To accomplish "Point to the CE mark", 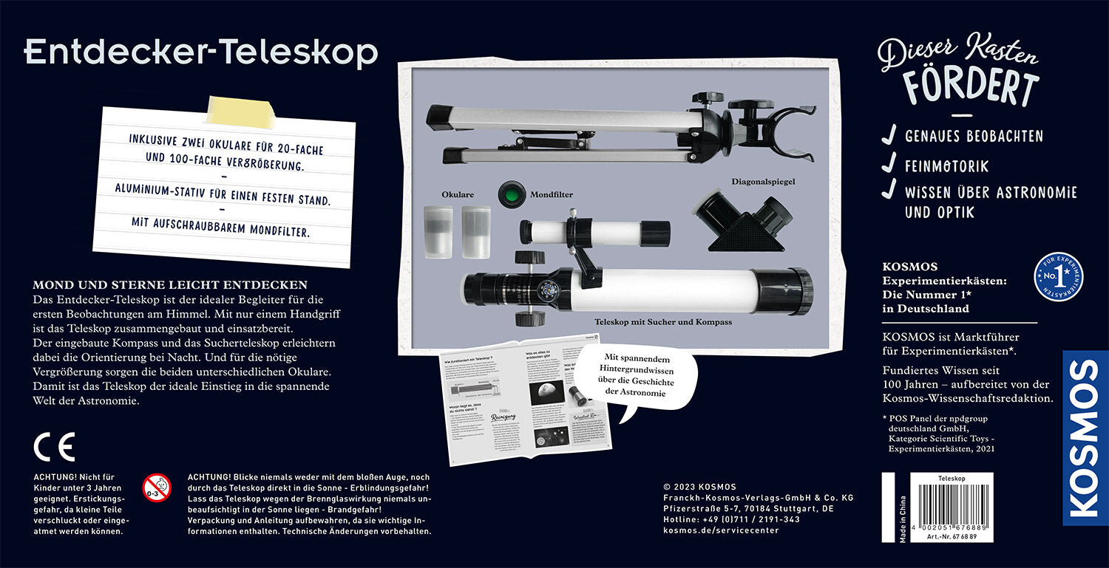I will pyautogui.click(x=54, y=448).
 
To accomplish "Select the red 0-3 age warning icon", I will pyautogui.click(x=156, y=487).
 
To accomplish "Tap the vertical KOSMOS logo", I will pyautogui.click(x=1085, y=437).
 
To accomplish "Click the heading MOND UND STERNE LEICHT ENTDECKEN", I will pyautogui.click(x=170, y=284).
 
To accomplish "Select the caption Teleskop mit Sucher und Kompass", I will pyautogui.click(x=663, y=323).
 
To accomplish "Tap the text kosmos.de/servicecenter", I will pyautogui.click(x=721, y=530).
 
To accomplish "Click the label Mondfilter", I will pyautogui.click(x=551, y=196).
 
